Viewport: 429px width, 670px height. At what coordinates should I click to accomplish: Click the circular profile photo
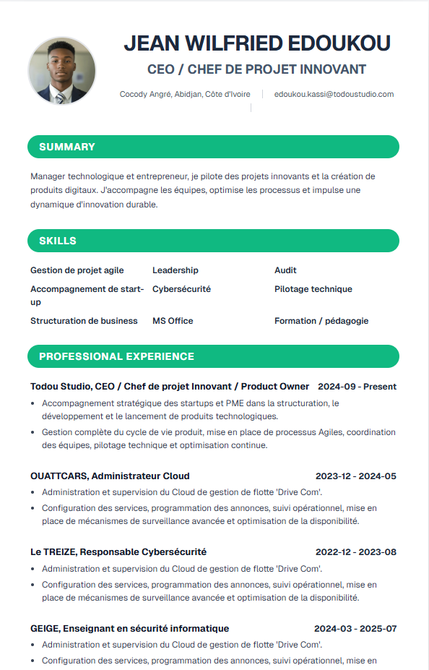click(x=61, y=71)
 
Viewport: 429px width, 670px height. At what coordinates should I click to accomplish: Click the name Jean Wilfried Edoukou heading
click(x=257, y=43)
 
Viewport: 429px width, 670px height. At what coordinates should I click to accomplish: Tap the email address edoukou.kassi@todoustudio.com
click(x=334, y=94)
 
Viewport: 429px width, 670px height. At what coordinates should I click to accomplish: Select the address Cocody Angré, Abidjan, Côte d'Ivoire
click(x=185, y=94)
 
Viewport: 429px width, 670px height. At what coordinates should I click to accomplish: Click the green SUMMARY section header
click(x=213, y=147)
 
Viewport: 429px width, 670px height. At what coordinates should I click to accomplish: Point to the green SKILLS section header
click(x=213, y=241)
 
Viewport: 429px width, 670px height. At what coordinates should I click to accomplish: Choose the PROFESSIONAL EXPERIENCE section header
click(x=213, y=356)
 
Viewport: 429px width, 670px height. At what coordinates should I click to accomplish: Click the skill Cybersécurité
click(x=181, y=289)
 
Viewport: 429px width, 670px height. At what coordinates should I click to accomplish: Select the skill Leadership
click(x=175, y=270)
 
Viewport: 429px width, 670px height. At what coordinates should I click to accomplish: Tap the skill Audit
click(x=285, y=270)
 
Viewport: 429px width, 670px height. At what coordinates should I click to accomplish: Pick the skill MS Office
click(x=173, y=321)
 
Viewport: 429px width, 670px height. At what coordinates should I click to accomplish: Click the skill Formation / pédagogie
click(x=321, y=321)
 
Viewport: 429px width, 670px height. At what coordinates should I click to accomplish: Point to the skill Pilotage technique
click(x=313, y=289)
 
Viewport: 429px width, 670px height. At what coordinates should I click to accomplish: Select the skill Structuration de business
click(x=84, y=321)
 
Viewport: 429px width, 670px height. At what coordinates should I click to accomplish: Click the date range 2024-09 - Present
click(x=357, y=387)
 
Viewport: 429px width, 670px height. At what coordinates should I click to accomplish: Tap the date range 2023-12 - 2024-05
click(x=355, y=476)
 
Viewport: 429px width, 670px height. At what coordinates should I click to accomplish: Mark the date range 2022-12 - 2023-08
click(x=355, y=552)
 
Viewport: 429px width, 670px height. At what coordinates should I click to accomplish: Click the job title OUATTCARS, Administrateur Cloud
click(x=110, y=476)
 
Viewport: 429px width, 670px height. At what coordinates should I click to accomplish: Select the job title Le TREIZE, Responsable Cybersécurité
click(x=118, y=552)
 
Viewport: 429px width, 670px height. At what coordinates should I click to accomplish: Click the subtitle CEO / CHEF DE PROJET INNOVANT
click(x=257, y=69)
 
